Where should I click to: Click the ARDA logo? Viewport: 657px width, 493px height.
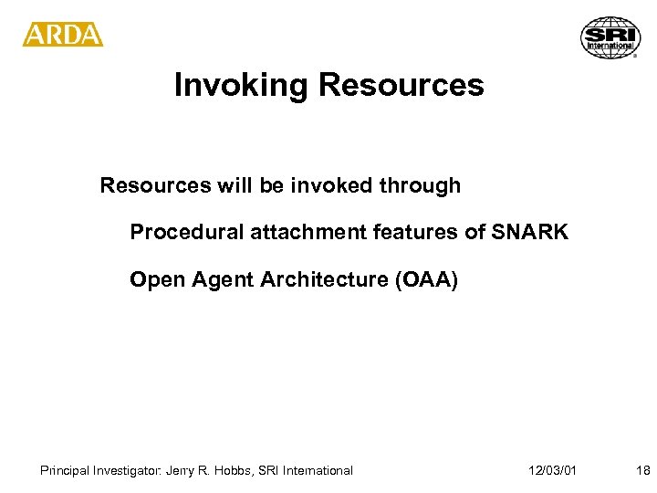[63, 35]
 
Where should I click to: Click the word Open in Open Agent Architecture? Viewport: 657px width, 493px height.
[153, 279]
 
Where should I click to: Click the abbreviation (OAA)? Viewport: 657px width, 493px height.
[425, 279]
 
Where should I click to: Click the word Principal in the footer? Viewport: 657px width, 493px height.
[65, 471]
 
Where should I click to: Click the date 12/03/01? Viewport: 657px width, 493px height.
[552, 471]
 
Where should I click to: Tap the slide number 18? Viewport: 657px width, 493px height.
[642, 471]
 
